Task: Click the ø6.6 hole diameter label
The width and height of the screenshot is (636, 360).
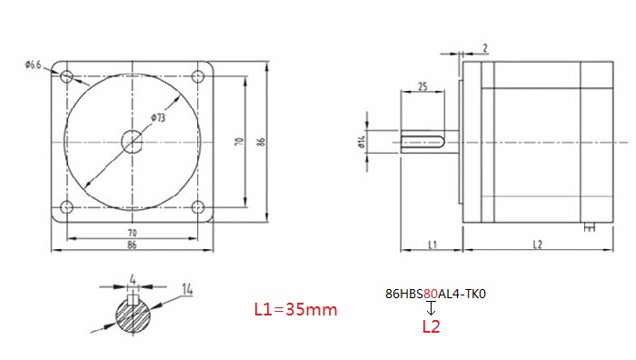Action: (x=33, y=65)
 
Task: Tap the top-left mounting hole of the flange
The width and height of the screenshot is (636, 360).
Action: (x=67, y=76)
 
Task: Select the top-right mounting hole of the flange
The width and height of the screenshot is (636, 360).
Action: (x=197, y=76)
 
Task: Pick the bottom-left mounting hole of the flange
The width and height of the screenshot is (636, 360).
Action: (x=67, y=207)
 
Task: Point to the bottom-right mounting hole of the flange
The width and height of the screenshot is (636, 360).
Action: (x=197, y=207)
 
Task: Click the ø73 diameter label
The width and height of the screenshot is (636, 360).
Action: (x=158, y=117)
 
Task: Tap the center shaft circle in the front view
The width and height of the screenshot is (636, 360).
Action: (x=133, y=142)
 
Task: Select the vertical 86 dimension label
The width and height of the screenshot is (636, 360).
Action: (x=261, y=142)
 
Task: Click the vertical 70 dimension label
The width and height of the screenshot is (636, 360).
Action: (x=239, y=142)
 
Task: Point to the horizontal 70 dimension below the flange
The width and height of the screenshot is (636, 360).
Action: (x=133, y=233)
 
